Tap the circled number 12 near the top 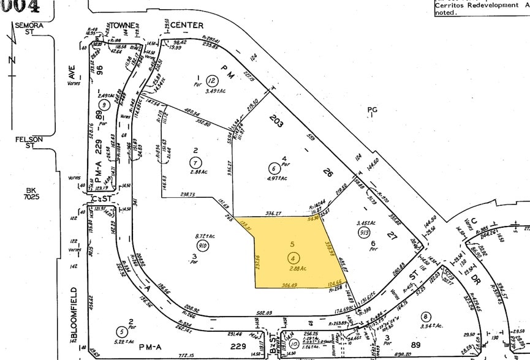(x=212, y=80)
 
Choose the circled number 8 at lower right (x=425, y=316)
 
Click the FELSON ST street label (x=29, y=142)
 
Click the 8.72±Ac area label (x=201, y=236)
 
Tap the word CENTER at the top (x=187, y=26)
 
